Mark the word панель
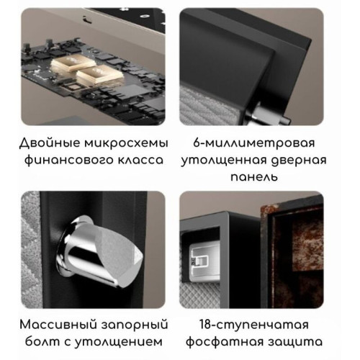coord(267,177)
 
